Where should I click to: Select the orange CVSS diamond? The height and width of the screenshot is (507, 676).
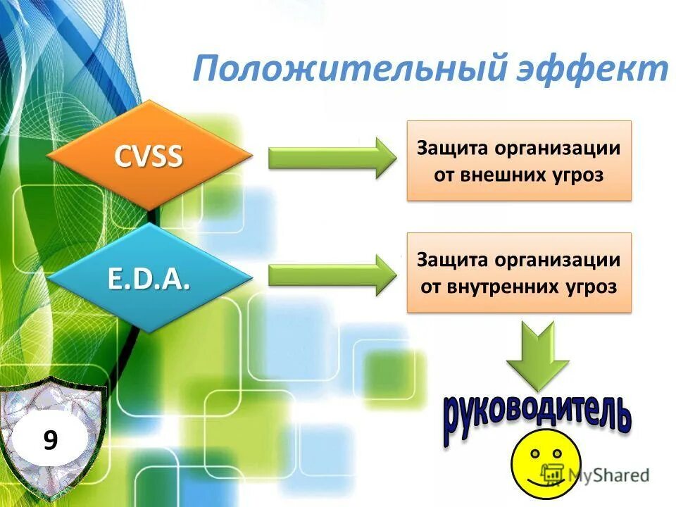(149, 155)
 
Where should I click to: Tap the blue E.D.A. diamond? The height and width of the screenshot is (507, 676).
(149, 279)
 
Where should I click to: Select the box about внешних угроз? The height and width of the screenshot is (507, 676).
(520, 161)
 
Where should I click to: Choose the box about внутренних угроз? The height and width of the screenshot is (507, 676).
(520, 273)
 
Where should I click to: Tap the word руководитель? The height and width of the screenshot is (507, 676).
(537, 418)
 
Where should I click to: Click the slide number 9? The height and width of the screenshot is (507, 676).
(50, 441)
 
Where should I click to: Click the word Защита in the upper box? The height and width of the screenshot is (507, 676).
(452, 149)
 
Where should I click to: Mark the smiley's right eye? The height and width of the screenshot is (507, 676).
(557, 453)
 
